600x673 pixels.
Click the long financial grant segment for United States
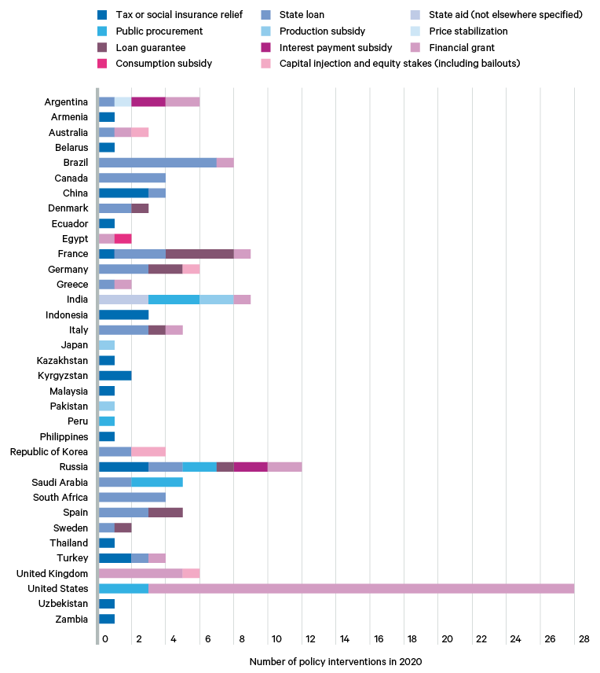(x=361, y=589)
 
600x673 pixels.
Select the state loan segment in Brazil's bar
(x=158, y=163)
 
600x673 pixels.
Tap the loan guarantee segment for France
(x=199, y=254)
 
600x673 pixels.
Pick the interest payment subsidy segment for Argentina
(x=148, y=101)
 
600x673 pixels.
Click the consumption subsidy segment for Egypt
(x=123, y=238)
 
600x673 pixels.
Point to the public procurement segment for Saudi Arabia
(x=157, y=482)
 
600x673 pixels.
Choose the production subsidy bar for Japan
(x=107, y=345)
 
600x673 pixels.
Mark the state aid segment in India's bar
(x=123, y=300)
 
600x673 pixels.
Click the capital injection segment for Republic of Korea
(x=148, y=452)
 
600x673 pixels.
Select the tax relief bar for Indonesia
(x=123, y=314)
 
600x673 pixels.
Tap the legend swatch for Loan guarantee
(x=102, y=48)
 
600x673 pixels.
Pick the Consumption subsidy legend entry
(x=163, y=63)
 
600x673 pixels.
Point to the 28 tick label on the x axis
(x=584, y=640)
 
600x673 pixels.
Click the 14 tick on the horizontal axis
(x=344, y=640)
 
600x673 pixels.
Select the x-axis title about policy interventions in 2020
(x=335, y=662)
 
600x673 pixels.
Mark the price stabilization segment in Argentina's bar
(x=123, y=101)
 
